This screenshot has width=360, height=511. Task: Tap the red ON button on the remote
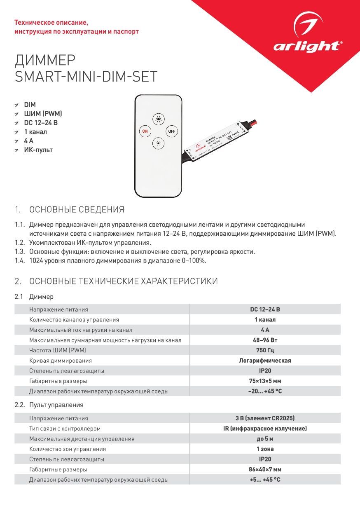(x=145, y=131)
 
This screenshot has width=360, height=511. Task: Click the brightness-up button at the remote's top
(x=158, y=120)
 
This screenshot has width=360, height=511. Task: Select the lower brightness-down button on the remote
(x=158, y=143)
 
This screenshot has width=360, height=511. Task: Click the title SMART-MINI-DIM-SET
(x=86, y=77)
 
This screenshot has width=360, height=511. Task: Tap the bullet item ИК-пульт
(x=38, y=150)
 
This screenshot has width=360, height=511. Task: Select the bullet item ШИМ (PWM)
(x=43, y=114)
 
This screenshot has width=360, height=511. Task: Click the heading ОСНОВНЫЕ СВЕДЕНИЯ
(x=77, y=210)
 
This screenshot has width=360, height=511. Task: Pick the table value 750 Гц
(x=265, y=350)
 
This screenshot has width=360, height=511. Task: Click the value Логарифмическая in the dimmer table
(x=265, y=361)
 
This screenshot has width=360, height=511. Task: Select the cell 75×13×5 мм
(x=265, y=381)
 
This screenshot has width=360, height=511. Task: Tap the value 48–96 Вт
(x=265, y=340)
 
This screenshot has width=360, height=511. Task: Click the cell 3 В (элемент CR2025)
(x=265, y=418)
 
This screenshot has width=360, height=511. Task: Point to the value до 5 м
(x=265, y=439)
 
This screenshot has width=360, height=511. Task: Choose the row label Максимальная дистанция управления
(x=82, y=439)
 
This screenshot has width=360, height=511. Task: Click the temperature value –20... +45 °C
(x=265, y=391)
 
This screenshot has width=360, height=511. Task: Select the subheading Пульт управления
(x=56, y=405)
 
